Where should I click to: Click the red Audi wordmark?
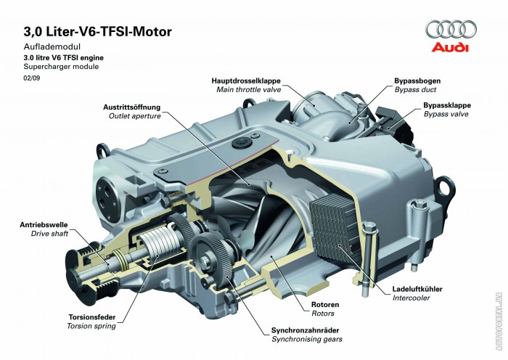451,49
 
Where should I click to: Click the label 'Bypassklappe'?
446,105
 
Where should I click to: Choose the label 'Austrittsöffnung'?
132,107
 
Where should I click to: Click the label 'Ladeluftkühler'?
418,288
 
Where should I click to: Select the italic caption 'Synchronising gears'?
308,338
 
